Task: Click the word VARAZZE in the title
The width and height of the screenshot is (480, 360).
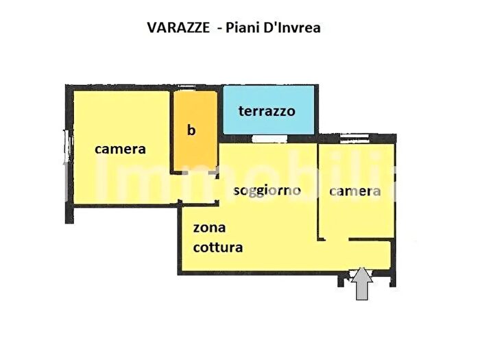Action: [173, 27]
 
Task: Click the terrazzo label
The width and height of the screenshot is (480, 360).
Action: [267, 111]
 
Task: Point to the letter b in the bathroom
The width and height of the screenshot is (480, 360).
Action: [192, 130]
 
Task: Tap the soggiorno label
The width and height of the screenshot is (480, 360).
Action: [267, 191]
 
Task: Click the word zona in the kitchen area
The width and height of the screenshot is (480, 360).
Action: [209, 228]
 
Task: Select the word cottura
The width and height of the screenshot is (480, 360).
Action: [218, 247]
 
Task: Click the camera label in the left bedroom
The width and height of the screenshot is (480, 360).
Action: [120, 149]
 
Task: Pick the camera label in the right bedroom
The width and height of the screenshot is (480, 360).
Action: [355, 191]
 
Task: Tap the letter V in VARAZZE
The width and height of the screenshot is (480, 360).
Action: [152, 27]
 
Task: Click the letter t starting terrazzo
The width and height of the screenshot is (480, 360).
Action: [241, 111]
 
